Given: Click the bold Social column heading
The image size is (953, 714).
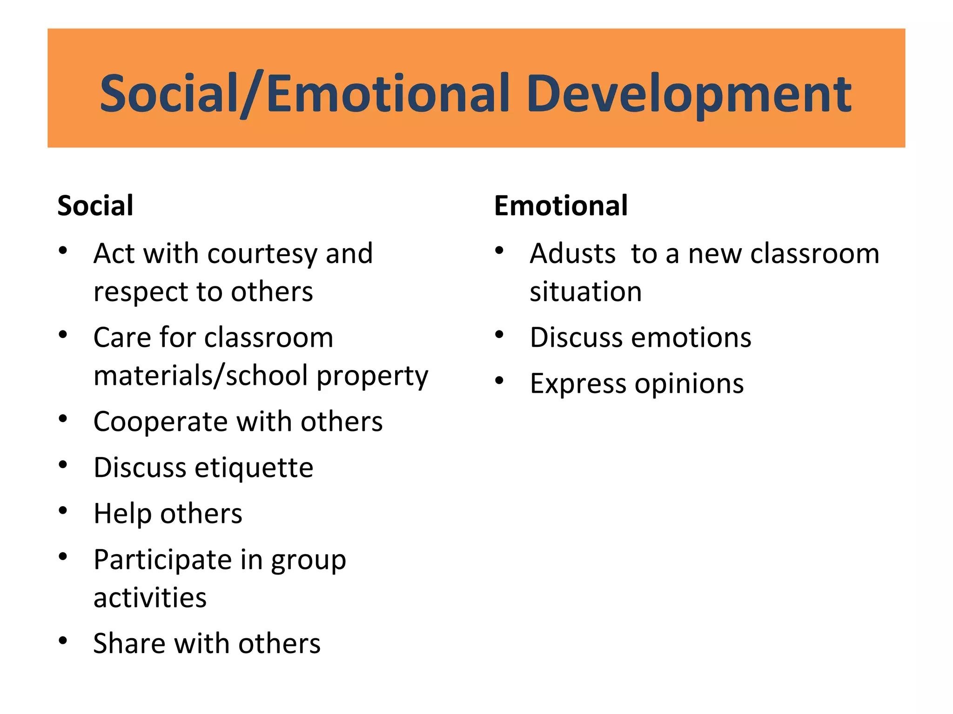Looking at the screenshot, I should pyautogui.click(x=95, y=205).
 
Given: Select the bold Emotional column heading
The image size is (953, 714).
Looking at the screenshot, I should pyautogui.click(x=560, y=205).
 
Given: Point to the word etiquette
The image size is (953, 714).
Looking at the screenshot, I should pyautogui.click(x=254, y=468).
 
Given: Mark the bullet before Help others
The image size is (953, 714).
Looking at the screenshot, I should pyautogui.click(x=63, y=510).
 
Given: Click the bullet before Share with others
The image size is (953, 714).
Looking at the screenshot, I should pyautogui.click(x=63, y=641).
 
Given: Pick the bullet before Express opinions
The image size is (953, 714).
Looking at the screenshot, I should pyautogui.click(x=499, y=381).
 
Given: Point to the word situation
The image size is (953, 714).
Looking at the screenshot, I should pyautogui.click(x=585, y=292).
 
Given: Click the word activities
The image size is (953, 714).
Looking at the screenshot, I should pyautogui.click(x=150, y=598).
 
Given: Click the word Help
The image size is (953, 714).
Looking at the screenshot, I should pyautogui.click(x=122, y=514).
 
